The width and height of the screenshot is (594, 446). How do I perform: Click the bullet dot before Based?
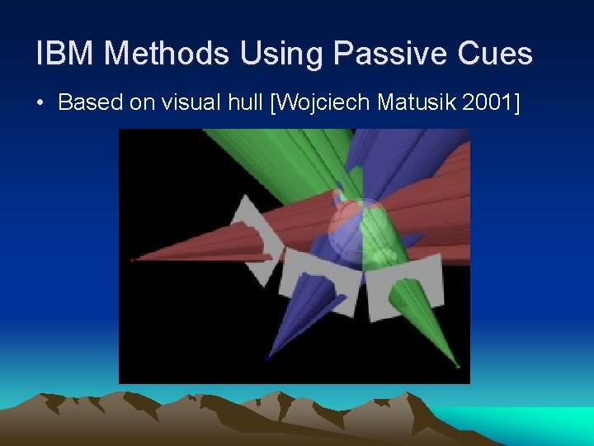coord(40,103)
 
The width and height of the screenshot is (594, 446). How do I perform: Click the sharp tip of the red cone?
coord(132,260)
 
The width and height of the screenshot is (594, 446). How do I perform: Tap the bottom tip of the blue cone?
coord(268,359)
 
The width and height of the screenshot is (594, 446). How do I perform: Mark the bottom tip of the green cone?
coord(458,365)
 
